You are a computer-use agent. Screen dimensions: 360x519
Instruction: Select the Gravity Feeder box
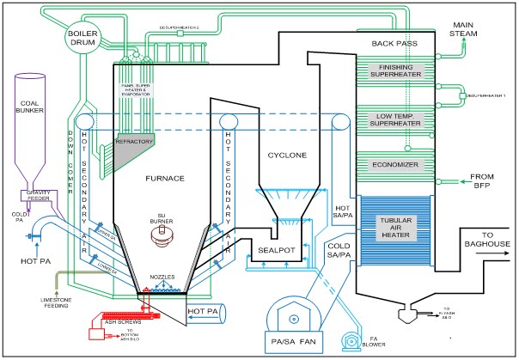36,195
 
